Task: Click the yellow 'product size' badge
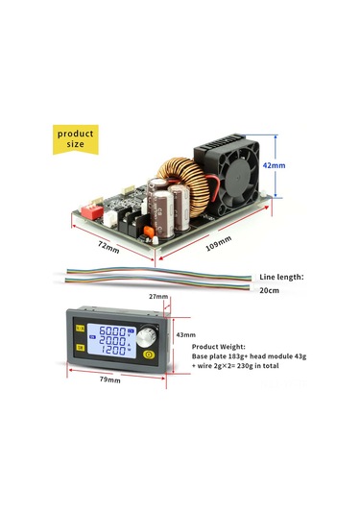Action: [x=75, y=138]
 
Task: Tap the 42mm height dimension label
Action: [x=276, y=164]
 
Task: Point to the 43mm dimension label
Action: [x=183, y=334]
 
